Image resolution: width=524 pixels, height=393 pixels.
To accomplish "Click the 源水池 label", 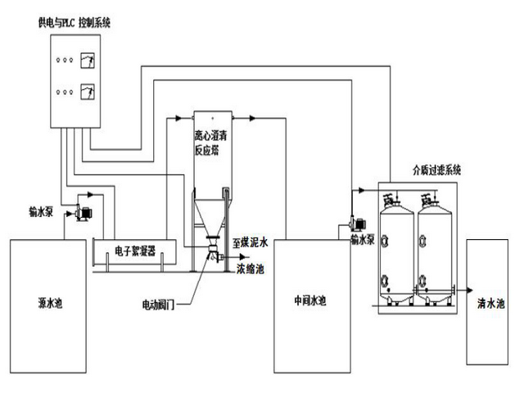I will (50, 303).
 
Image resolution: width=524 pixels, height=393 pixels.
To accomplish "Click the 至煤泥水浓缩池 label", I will (250, 255).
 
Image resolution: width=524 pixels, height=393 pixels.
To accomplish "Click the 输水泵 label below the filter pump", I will (361, 240).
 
